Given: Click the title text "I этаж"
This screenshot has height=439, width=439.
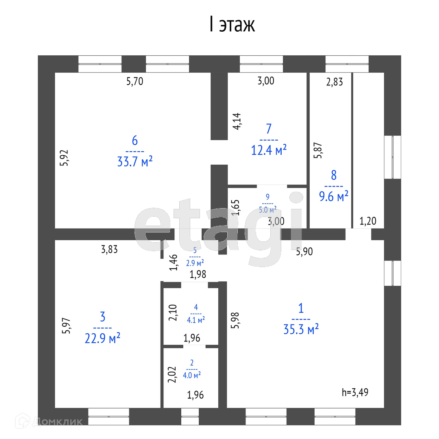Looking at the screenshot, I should (x=232, y=25).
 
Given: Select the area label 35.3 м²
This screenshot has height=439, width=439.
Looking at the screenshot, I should (x=300, y=329).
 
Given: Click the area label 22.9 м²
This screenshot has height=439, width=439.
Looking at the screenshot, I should (x=103, y=338).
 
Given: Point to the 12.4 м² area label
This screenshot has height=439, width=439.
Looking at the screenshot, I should (x=269, y=150).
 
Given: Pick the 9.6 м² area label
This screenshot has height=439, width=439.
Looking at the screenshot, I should (x=334, y=197).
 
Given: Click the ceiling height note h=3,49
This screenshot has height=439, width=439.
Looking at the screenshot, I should (x=357, y=392).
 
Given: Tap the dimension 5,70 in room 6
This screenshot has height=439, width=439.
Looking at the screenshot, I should (x=135, y=82).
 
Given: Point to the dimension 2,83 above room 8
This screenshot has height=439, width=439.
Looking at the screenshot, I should (x=335, y=82).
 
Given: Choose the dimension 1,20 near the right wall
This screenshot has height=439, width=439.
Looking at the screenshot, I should (x=368, y=222).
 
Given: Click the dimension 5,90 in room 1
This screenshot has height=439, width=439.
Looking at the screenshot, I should (x=304, y=252).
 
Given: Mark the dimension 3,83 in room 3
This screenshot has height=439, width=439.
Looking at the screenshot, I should (x=109, y=250).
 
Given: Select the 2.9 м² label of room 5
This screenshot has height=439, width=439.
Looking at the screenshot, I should (x=195, y=263).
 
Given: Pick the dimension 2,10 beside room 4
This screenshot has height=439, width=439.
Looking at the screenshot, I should (x=172, y=313).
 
